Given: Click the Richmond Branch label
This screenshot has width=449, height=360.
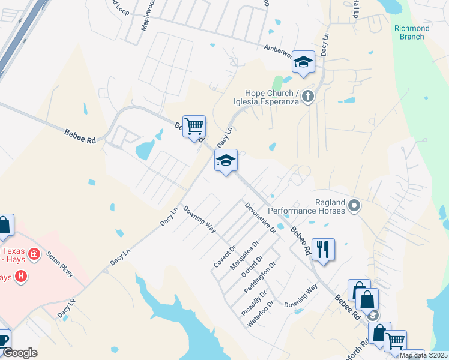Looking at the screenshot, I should [412, 32].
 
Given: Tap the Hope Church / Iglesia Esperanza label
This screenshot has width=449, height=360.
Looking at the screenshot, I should [273, 97].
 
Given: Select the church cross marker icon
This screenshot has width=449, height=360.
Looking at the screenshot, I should [308, 96].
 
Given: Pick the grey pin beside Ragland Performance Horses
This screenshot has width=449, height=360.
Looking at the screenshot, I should [354, 206].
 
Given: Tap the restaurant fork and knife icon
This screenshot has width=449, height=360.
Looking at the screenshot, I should [324, 249].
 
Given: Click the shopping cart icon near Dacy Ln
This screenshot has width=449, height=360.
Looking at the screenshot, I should [194, 127].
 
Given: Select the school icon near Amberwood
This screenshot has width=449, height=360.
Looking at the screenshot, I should [303, 62].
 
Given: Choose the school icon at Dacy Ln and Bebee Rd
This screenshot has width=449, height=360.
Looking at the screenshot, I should [226, 160].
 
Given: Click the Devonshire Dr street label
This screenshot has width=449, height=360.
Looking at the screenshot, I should [260, 218].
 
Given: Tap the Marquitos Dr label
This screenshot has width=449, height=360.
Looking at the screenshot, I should [247, 255].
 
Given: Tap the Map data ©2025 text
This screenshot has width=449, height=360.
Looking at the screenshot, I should [424, 355].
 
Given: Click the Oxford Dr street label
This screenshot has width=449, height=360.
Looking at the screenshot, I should [252, 268].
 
